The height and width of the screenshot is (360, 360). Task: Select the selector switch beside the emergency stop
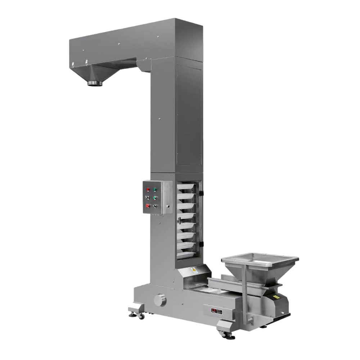[x=155, y=206]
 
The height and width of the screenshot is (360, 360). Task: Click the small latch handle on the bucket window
[x=179, y=219]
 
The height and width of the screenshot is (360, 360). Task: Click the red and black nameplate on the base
[x=213, y=311]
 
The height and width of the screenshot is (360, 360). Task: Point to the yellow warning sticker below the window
[x=194, y=269]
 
